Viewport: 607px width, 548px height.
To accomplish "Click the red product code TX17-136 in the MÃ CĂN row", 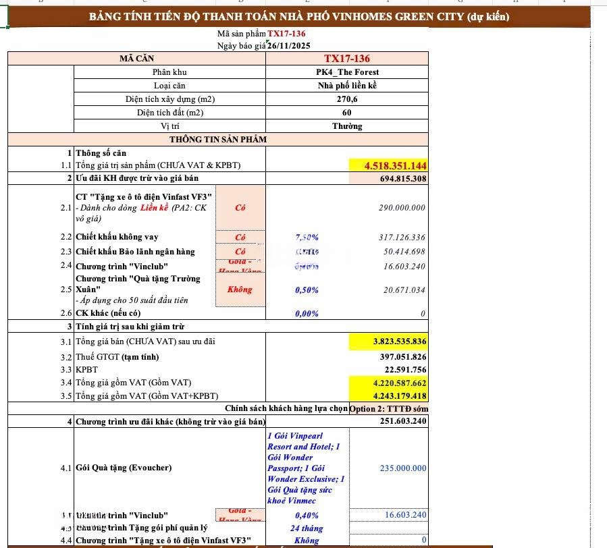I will click(346, 59).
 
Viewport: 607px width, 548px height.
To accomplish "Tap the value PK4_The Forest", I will click(348, 72).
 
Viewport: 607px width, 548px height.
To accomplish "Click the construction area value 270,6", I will click(347, 99).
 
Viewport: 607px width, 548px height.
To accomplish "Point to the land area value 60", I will click(347, 113).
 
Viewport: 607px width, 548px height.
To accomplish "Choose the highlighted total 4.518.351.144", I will click(395, 165).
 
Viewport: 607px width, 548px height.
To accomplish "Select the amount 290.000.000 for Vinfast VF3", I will click(402, 208).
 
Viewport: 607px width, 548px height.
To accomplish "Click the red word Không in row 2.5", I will click(240, 290).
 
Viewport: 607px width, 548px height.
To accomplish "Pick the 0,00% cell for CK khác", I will click(307, 314).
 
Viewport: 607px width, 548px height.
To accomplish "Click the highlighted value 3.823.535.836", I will click(399, 342).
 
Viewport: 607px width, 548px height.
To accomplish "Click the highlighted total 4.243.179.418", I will click(398, 396).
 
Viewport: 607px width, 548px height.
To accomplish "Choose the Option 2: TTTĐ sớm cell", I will click(388, 408).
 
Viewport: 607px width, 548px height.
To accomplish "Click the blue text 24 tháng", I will click(307, 528).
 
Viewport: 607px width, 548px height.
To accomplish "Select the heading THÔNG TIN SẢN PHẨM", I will click(217, 140).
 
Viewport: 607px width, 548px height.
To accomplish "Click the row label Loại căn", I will click(169, 86).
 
